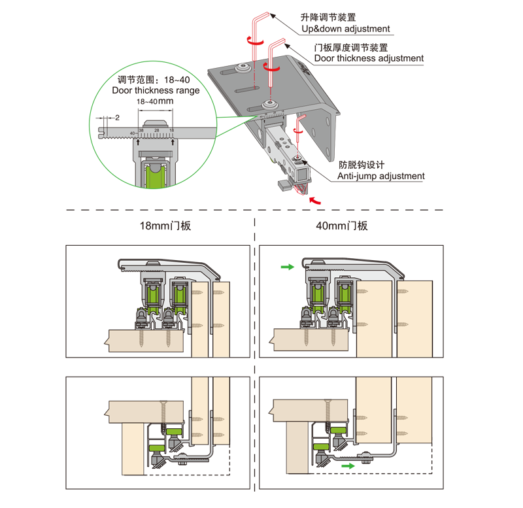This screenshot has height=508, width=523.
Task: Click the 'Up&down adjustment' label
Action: click(x=346, y=29)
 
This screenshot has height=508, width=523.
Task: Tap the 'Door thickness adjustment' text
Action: click(x=369, y=58)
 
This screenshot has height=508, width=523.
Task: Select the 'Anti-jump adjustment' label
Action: click(x=381, y=176)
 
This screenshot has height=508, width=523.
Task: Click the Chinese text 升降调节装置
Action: click(x=328, y=17)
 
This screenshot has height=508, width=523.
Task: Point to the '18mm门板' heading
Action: click(x=165, y=226)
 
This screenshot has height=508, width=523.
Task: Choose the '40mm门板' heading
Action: click(x=342, y=226)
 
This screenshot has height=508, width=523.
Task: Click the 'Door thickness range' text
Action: click(x=156, y=90)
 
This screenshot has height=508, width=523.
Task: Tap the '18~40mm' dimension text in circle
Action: click(x=155, y=101)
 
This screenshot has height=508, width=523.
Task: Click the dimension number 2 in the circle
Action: click(x=117, y=118)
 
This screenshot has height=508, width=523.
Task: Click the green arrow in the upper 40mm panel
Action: click(x=287, y=267)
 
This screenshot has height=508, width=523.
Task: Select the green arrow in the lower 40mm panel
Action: click(x=348, y=466)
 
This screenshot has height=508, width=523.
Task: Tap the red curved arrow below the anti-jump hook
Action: click(x=314, y=200)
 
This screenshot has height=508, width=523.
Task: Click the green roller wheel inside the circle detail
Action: click(x=154, y=175)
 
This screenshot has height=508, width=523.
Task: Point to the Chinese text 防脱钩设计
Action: click(x=362, y=165)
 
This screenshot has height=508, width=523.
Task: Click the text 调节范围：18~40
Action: click(x=154, y=80)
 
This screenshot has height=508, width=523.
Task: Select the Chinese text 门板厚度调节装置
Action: click(x=351, y=48)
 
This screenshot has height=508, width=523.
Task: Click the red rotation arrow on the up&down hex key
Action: click(x=255, y=41)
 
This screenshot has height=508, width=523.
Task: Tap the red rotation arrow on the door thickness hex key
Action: click(x=271, y=67)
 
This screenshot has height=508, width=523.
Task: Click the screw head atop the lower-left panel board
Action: click(x=163, y=402)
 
